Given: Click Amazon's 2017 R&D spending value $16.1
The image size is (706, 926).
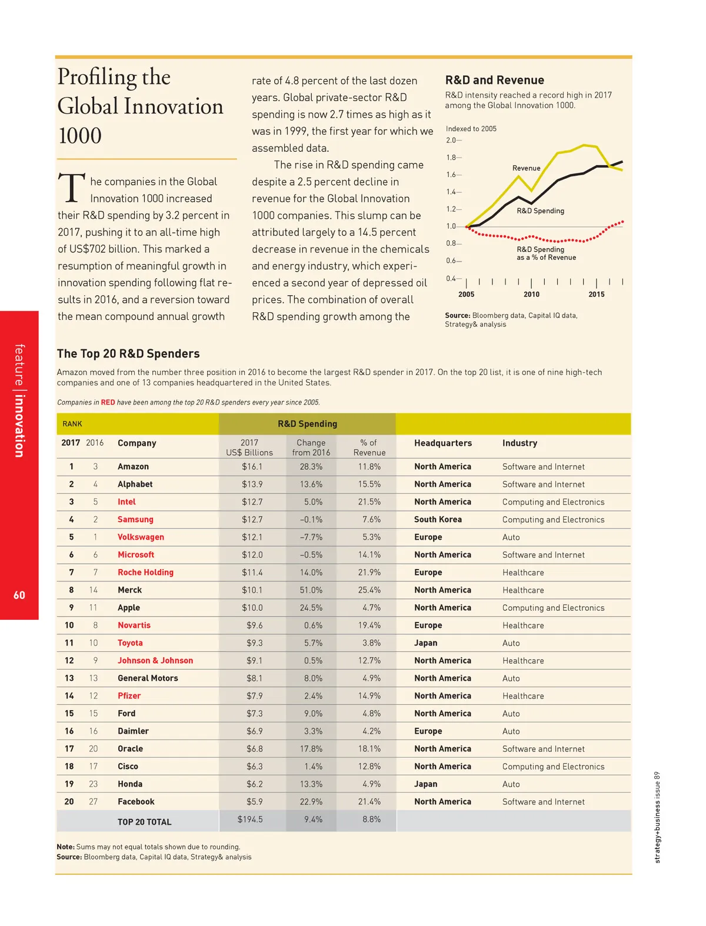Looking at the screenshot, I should coord(252,467).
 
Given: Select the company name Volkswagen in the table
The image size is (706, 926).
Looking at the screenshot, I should coord(141,537).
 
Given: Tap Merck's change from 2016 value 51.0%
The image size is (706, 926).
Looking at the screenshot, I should coord(311,590).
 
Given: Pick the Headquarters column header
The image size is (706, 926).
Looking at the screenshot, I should coord(442,443).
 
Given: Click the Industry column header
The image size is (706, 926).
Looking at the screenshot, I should coord(519,443).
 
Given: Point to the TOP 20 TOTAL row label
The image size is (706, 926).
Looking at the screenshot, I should coord(144,822).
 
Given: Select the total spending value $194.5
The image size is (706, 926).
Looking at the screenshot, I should coord(250,820).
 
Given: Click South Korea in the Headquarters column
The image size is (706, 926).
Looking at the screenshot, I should coord(438,520).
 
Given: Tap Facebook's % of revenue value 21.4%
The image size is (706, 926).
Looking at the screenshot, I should coord(369,802).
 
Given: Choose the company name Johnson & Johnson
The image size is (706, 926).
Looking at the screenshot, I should coord(155,661).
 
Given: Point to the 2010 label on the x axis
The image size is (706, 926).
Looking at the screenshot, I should coord(531,295).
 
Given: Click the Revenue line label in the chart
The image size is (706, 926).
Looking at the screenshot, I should coord(526,168).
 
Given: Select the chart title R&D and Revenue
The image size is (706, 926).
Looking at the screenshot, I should coord(494,80).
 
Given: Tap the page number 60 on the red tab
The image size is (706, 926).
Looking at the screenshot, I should coord(19,595).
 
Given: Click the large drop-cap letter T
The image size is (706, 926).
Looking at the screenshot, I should coord(72,188).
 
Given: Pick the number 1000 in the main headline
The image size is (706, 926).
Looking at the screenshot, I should coord(80,136).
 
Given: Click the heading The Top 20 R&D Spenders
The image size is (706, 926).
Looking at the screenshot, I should coord(128,354).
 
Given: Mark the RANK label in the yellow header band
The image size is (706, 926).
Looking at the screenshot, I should coord(72,424).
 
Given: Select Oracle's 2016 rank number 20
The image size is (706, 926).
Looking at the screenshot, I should coord(93,749).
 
